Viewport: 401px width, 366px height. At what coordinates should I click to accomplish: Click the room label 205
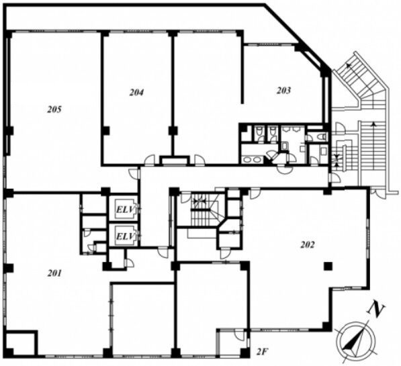click(x=54, y=109)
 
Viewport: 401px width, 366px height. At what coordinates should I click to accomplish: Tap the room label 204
click(x=136, y=92)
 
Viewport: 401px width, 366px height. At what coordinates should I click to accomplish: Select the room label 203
click(x=283, y=90)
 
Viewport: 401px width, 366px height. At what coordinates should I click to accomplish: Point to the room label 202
click(x=307, y=245)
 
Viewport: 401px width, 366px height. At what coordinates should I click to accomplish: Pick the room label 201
click(x=54, y=273)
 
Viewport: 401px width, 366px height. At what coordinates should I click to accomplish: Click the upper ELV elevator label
click(x=126, y=210)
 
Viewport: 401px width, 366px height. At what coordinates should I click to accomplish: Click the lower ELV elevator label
click(x=126, y=236)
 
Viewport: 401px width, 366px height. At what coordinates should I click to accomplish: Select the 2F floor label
click(x=263, y=352)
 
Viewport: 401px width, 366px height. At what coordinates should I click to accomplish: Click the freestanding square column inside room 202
click(x=328, y=267)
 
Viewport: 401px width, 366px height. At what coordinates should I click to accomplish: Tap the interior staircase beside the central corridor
click(x=204, y=210)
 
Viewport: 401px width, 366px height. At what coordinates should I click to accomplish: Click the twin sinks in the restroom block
click(x=252, y=160)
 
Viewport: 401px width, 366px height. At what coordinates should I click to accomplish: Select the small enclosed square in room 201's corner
click(x=21, y=343)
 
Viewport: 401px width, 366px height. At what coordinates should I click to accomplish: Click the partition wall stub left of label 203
click(x=242, y=73)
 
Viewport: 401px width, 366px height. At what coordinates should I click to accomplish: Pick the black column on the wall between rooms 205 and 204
click(x=105, y=131)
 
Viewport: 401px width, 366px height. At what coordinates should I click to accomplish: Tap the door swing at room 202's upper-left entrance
click(x=255, y=193)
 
